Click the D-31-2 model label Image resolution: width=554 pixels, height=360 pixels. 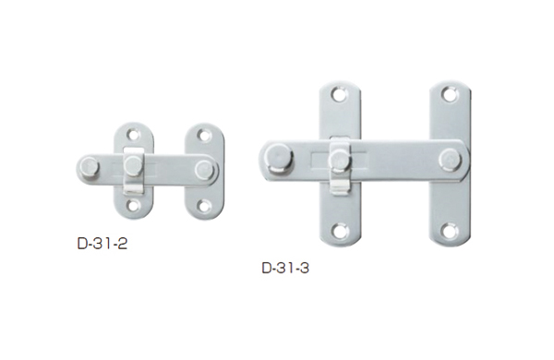[x=102, y=244]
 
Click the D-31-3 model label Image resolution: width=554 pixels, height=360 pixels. [x=285, y=268]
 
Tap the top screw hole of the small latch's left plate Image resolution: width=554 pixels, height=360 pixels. [x=133, y=135]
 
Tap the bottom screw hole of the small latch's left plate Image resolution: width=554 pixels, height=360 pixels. [x=133, y=205]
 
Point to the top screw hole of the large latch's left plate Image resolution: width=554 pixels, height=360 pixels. [x=339, y=94]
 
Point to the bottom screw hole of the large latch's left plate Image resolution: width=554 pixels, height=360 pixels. [x=339, y=231]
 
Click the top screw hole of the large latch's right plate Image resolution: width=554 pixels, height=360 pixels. [x=449, y=94]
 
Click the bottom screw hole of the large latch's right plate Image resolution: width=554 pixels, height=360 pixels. [x=449, y=231]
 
